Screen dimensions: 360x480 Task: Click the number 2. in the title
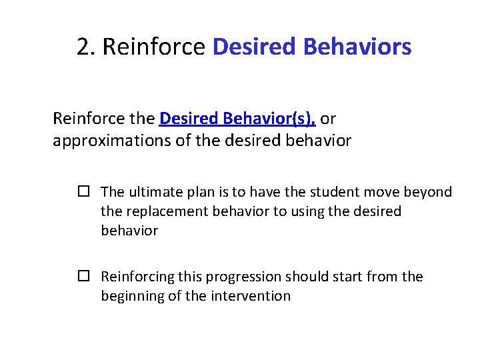[87, 47]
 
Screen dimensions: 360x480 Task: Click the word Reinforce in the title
[154, 47]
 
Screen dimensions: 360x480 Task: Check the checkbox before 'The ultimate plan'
[83, 192]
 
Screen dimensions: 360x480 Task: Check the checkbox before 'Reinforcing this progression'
[83, 277]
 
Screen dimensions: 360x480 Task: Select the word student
[347, 192]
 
